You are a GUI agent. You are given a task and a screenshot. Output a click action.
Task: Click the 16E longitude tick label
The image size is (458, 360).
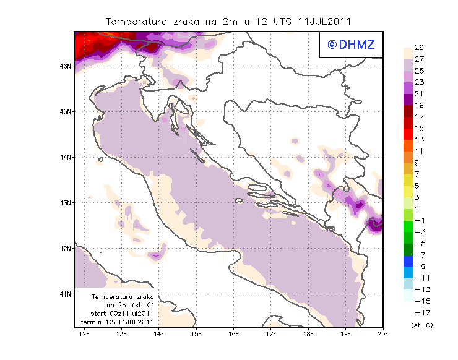click(234, 334)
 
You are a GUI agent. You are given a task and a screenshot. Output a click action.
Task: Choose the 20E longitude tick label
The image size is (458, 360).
click(383, 334)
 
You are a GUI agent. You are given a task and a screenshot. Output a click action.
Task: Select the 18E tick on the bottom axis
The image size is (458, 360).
click(309, 334)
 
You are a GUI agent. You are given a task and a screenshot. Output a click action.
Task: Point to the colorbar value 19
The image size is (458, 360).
click(419, 106)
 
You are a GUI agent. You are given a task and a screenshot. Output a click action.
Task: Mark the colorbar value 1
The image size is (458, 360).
click(418, 208)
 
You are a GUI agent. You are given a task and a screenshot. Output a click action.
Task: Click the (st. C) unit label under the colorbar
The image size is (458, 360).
click(421, 325)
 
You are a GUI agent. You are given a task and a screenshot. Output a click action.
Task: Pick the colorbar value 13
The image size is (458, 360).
click(419, 140)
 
